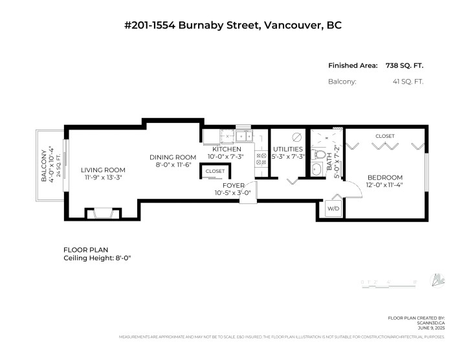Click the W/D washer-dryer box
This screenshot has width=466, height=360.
[333, 208]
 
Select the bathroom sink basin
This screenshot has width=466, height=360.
[316, 170]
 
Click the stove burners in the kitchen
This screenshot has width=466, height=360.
[261, 159]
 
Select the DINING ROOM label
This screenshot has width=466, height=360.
[173, 157]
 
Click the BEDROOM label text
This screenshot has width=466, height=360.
[385, 177]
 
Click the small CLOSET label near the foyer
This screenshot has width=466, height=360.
[216, 172]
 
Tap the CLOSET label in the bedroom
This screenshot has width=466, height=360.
[385, 136]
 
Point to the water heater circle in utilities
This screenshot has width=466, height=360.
[297, 137]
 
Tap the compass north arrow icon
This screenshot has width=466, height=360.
[440, 280]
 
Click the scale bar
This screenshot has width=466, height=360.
[387, 283]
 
